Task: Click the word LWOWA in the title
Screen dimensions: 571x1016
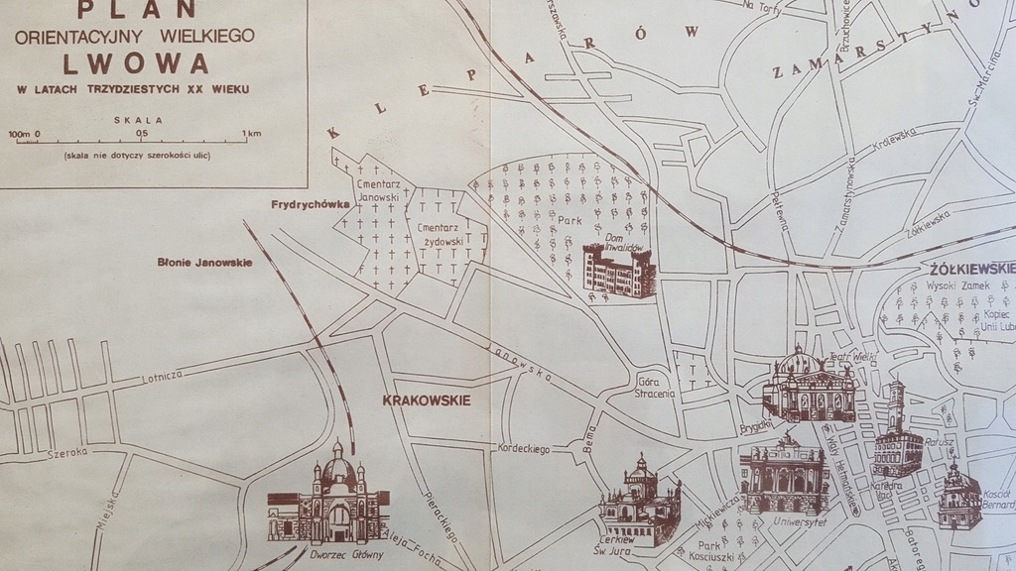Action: click(136, 64)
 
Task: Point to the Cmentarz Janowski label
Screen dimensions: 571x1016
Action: click(377, 191)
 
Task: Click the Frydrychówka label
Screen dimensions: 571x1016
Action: click(309, 205)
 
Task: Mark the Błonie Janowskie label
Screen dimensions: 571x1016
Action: click(204, 263)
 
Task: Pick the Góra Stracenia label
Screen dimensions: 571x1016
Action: click(655, 387)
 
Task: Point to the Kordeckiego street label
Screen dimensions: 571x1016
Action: click(525, 449)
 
